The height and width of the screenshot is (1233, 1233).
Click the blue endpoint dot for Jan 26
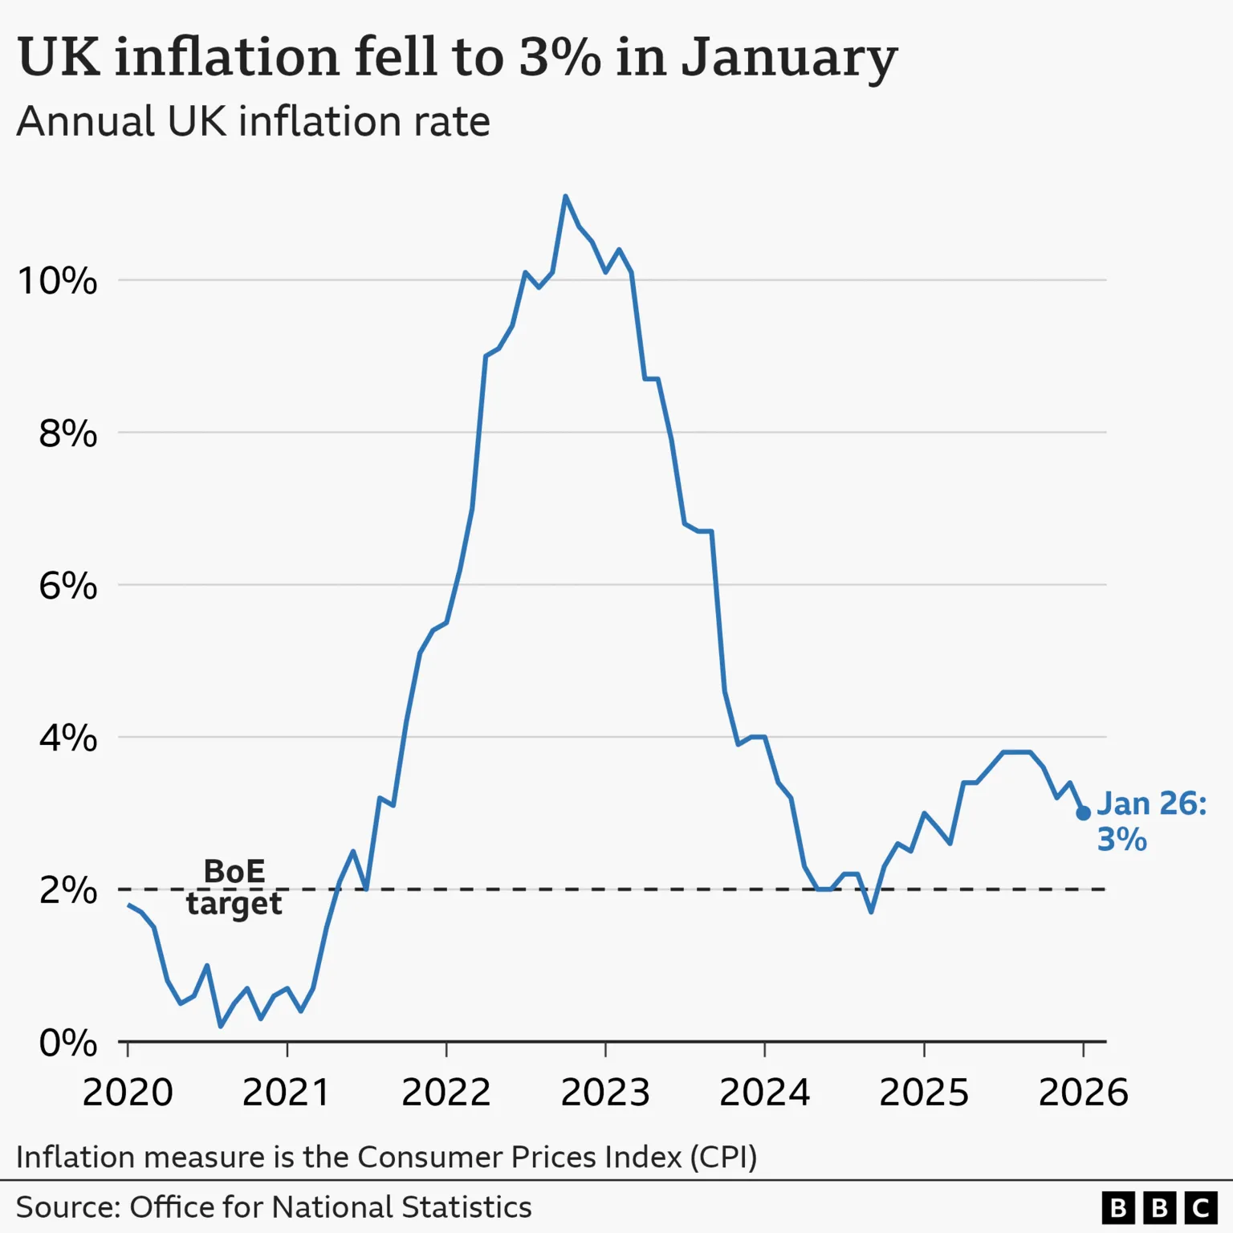click(1083, 813)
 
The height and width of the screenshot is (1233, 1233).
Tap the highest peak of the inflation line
click(565, 196)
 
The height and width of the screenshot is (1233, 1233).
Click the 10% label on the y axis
click(57, 281)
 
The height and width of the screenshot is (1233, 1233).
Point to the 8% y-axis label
click(67, 433)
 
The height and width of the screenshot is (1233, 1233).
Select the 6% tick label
click(67, 586)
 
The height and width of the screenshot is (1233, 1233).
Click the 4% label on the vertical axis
click(67, 738)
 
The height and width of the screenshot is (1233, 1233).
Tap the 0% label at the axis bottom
click(67, 1043)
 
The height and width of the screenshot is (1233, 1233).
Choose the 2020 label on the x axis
click(128, 1093)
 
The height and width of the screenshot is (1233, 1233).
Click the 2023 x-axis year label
click(604, 1093)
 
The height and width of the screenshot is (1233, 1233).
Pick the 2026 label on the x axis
click(1083, 1093)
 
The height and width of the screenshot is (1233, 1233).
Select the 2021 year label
click(286, 1093)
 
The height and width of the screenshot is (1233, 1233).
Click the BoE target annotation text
click(234, 887)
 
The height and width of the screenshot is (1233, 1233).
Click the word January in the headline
click(788, 58)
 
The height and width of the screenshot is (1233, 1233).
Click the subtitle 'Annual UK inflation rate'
click(253, 122)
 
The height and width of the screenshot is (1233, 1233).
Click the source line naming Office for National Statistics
click(274, 1207)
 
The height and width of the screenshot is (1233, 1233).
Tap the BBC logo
click(1159, 1207)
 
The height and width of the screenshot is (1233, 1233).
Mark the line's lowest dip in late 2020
click(221, 1026)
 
